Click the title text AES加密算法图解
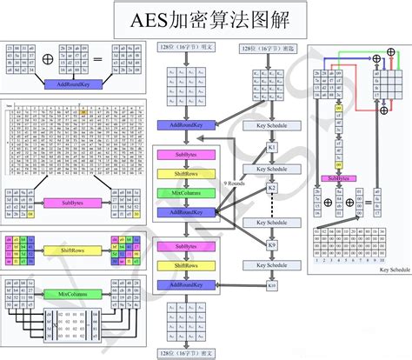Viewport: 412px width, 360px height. click(x=206, y=18)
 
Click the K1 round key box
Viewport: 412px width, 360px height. click(x=271, y=147)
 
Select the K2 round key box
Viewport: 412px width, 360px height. click(x=271, y=188)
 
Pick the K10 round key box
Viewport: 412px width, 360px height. click(x=271, y=285)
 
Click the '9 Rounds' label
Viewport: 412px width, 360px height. click(x=236, y=183)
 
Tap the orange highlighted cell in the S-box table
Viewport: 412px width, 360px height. click(x=83, y=114)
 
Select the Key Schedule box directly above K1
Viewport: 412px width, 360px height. click(x=271, y=125)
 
